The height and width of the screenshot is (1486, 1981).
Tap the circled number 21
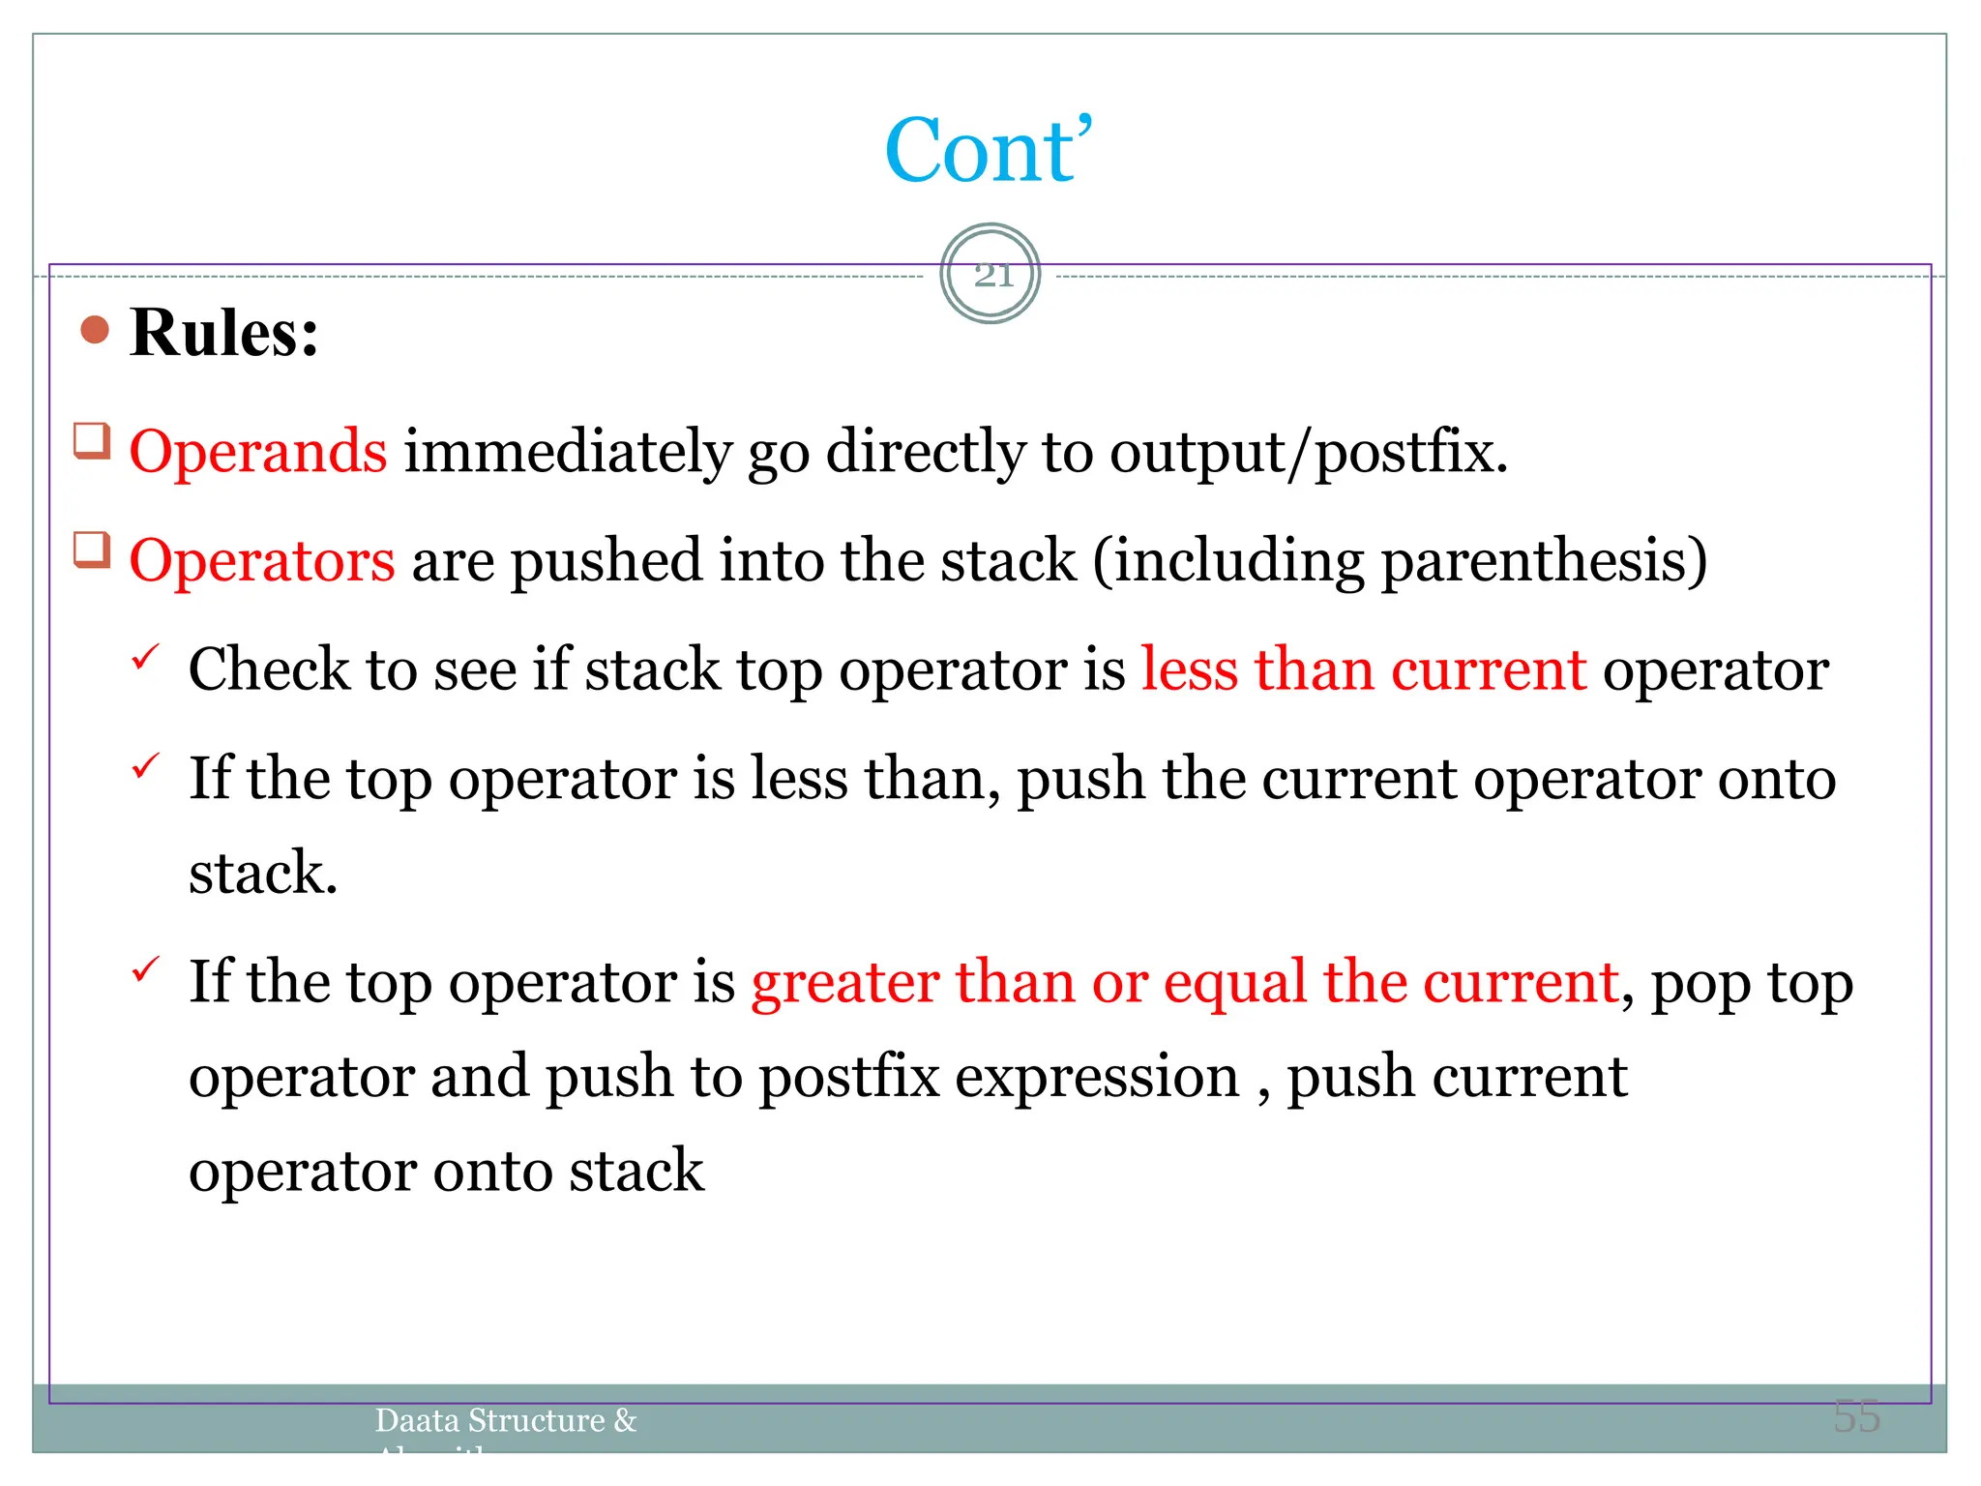(991, 275)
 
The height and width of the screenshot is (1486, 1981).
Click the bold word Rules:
(223, 333)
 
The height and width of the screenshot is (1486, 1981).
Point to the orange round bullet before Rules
(95, 331)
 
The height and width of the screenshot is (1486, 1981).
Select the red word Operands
(258, 451)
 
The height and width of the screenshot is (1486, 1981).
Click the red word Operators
(262, 560)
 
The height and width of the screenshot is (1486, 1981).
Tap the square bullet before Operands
(92, 442)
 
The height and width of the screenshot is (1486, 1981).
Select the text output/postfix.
(1308, 453)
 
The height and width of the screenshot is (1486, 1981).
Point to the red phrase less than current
(1364, 669)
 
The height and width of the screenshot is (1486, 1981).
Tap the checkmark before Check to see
(145, 658)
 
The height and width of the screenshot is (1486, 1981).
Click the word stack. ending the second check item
(262, 873)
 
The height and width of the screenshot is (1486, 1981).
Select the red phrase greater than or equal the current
(1185, 982)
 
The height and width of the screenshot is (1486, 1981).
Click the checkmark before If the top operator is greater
(145, 968)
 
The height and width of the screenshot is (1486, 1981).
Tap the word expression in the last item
(1097, 1077)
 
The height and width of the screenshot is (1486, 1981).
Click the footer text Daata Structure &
(505, 1420)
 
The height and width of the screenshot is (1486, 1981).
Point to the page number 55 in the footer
(1856, 1416)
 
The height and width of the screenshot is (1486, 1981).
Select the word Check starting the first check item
(268, 669)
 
